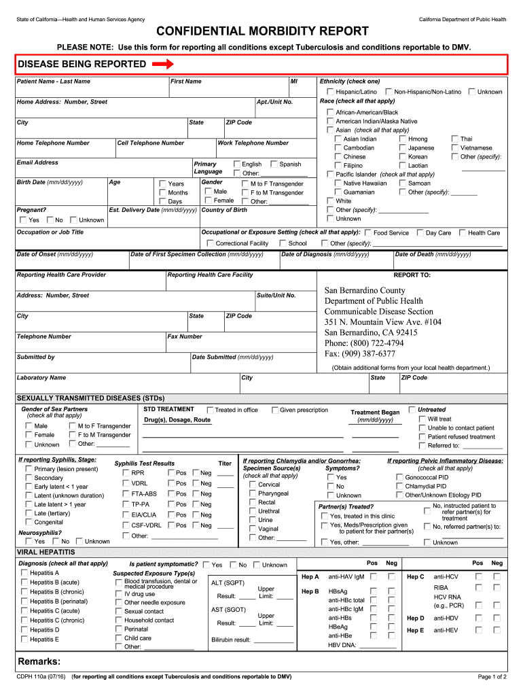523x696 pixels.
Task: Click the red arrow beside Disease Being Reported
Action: [163, 65]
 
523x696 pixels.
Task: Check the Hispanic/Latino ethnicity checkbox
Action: [330, 92]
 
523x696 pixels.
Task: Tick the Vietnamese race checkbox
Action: [455, 147]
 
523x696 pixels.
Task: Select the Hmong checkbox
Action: [403, 139]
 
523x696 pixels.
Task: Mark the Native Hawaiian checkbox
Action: [338, 183]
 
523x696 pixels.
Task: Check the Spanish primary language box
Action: [274, 164]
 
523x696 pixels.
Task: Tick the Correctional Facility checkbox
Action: [211, 243]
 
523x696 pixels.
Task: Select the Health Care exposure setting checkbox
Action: [463, 233]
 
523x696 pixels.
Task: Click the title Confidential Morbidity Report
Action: [262, 32]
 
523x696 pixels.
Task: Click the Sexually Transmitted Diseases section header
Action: [90, 398]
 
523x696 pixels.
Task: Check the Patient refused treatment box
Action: [422, 437]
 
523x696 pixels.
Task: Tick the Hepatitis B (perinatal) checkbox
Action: [24, 602]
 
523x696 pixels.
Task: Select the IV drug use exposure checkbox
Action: [119, 593]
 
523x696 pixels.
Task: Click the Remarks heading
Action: [39, 662]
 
